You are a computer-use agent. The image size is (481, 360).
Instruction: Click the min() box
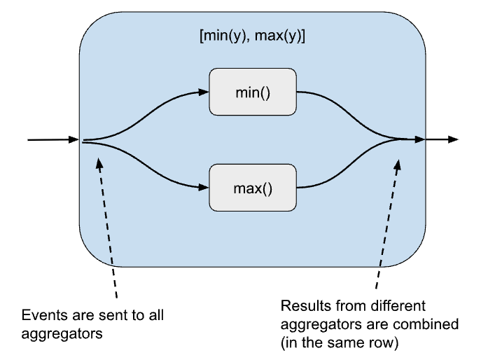point(253,92)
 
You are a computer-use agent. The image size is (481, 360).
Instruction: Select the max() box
point(253,188)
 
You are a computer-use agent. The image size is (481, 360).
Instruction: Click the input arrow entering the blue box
point(53,140)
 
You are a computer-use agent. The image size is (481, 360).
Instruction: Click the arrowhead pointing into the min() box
point(204,92)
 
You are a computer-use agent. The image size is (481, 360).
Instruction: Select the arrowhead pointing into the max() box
point(204,188)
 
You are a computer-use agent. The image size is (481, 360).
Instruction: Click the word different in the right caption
point(372,306)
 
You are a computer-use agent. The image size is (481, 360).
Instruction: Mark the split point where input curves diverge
point(85,141)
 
